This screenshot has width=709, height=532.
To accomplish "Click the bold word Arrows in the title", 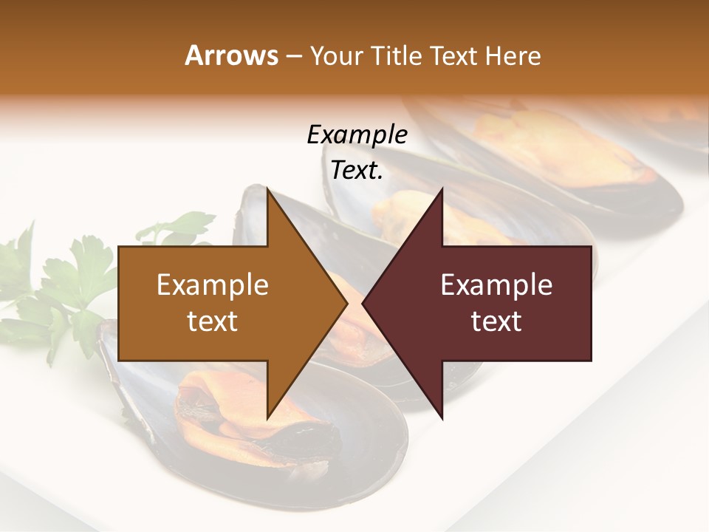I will (x=231, y=55).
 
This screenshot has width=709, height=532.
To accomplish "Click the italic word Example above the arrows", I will (x=357, y=135).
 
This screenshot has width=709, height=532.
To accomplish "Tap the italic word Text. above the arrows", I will (x=357, y=171).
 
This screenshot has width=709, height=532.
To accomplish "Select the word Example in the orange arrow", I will (x=213, y=284).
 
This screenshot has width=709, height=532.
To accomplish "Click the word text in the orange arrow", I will (x=213, y=321).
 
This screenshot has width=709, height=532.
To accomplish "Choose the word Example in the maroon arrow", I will (x=496, y=284).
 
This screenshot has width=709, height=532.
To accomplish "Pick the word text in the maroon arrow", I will (x=496, y=321).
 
